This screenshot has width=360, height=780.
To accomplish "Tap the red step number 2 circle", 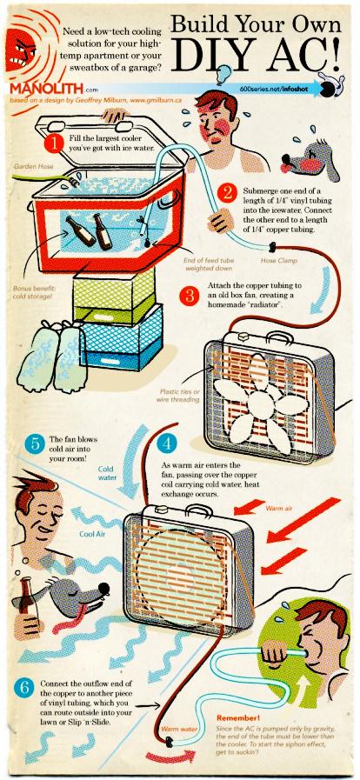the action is pos(227,194).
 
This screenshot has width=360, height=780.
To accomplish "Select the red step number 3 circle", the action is pos(189,295).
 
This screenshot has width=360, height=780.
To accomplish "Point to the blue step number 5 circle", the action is pos(35,443).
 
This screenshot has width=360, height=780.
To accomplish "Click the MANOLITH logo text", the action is pos(47,90).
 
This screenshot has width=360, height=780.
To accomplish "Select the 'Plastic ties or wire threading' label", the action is pos(179,395).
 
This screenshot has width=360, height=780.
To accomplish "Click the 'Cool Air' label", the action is pos(91,534).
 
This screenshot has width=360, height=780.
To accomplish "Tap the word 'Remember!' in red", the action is pos(238,717).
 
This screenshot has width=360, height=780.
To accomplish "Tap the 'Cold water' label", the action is pos(107,473).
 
